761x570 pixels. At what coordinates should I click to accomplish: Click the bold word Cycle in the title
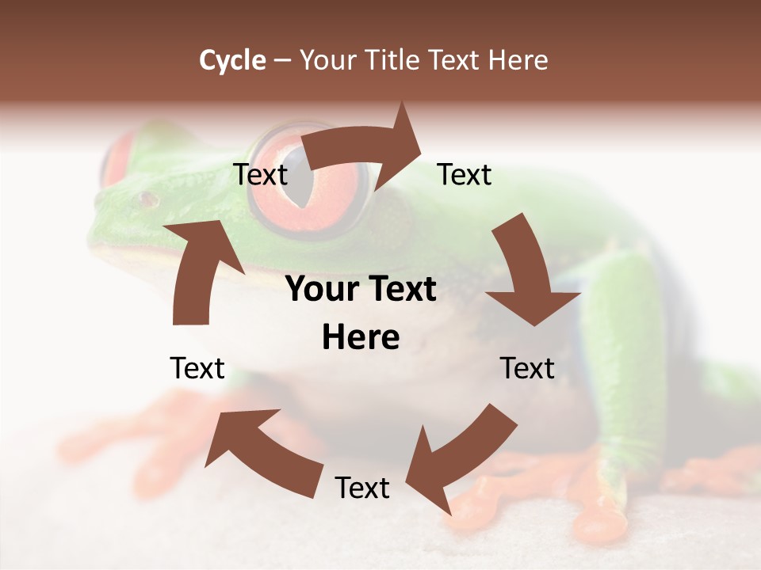[232, 60]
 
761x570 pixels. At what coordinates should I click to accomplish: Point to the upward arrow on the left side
[198, 273]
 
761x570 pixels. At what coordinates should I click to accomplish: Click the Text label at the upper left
[260, 175]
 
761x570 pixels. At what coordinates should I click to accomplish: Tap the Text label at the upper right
[465, 175]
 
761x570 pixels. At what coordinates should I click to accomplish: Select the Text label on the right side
[527, 368]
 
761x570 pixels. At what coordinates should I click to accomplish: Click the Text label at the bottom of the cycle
[362, 488]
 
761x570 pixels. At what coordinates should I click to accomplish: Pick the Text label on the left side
[197, 368]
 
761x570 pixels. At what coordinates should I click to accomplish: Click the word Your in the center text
[315, 290]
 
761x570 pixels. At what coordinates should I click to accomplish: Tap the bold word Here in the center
[361, 338]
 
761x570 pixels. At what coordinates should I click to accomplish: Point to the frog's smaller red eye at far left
[117, 158]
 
